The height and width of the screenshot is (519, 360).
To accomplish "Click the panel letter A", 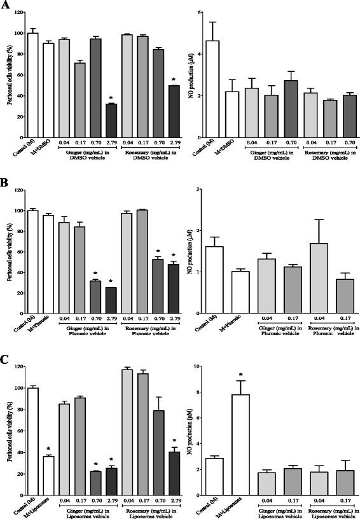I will coord(5,6).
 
